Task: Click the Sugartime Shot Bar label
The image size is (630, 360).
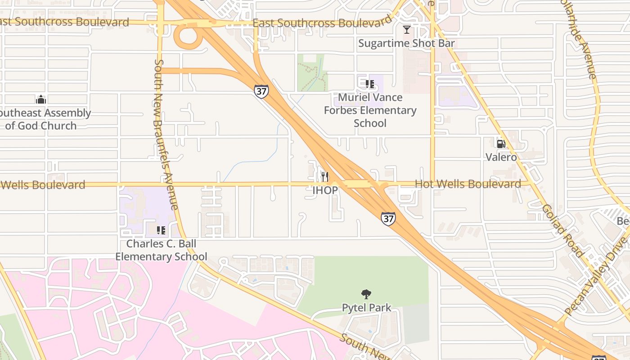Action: coord(406,44)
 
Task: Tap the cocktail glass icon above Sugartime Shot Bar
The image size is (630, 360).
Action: coord(407,30)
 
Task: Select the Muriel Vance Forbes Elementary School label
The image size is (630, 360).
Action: coord(370,110)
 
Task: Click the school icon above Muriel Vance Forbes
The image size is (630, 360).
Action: coord(370,84)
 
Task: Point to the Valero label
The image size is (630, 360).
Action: coord(501,157)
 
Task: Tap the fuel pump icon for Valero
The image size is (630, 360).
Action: coord(500,144)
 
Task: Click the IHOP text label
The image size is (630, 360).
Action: coord(325,190)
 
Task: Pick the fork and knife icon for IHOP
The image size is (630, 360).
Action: coord(325,176)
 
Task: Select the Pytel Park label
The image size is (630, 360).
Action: coord(366,308)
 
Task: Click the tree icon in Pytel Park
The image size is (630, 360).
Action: coord(366,295)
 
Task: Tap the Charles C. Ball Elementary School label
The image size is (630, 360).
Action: coord(161,250)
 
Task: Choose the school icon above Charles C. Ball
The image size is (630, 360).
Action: coord(161,230)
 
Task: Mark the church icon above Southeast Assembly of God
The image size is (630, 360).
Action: coord(41,99)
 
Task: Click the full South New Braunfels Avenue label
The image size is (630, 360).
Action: coord(166,134)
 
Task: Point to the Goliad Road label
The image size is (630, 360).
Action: coord(562,230)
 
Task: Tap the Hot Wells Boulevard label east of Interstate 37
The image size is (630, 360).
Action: coord(468,184)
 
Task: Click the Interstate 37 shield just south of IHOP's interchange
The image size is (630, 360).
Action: coord(388,219)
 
